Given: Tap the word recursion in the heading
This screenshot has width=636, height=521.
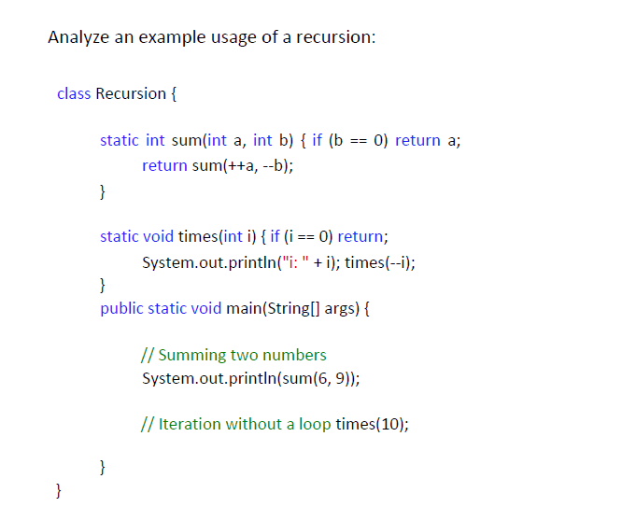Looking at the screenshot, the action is [x=334, y=38].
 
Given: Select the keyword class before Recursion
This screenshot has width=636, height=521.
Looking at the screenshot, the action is [x=74, y=93].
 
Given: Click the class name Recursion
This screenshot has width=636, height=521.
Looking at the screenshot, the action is [x=131, y=93].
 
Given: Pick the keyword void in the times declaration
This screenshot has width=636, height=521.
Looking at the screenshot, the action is [x=157, y=236].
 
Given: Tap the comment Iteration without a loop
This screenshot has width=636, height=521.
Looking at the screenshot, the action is [x=234, y=424].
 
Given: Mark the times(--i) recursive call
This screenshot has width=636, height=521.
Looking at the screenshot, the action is [x=379, y=261].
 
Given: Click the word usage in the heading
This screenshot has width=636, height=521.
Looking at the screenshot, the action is [x=235, y=38].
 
